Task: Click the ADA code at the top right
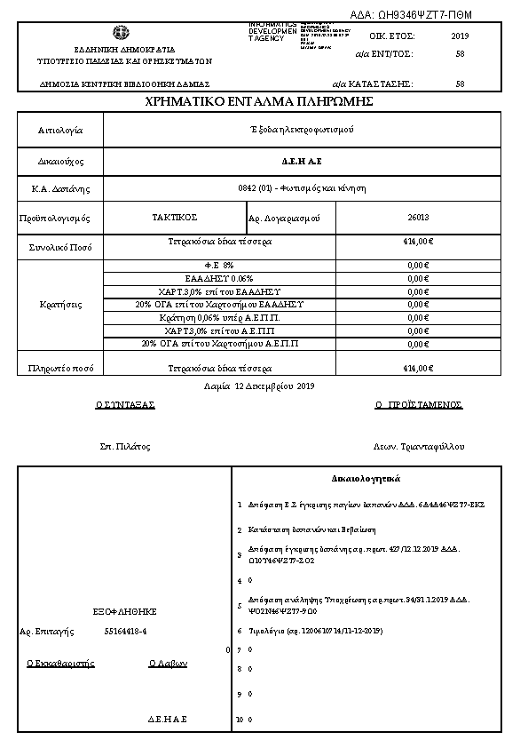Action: pyautogui.click(x=425, y=15)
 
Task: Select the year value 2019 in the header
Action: pyautogui.click(x=460, y=36)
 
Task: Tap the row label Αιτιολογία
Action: pyautogui.click(x=60, y=131)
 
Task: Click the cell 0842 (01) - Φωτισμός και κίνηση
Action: pyautogui.click(x=302, y=188)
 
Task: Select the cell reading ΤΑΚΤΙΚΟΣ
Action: pyautogui.click(x=175, y=217)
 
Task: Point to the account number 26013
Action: pyautogui.click(x=418, y=217)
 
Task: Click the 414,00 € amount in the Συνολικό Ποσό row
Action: pyautogui.click(x=417, y=242)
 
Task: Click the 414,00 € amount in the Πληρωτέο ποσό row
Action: pyautogui.click(x=417, y=368)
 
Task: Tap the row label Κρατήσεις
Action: pyautogui.click(x=61, y=305)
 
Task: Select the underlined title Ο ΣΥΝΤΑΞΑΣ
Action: pyautogui.click(x=125, y=404)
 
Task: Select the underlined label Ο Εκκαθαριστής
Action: pyautogui.click(x=60, y=663)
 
